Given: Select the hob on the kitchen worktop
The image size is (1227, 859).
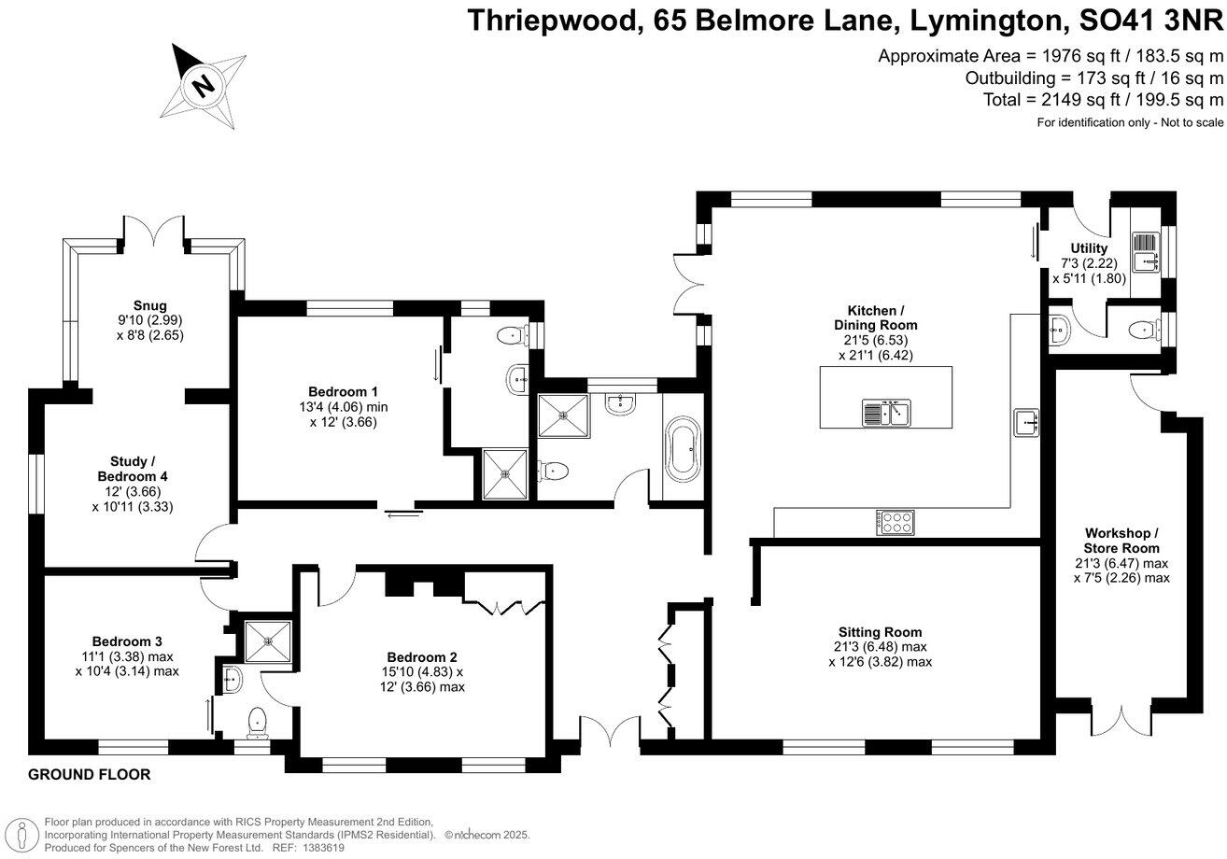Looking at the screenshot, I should pyautogui.click(x=895, y=522).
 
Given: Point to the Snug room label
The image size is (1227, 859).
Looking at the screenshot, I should pyautogui.click(x=149, y=305).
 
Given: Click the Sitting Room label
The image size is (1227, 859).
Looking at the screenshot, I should pyautogui.click(x=880, y=632).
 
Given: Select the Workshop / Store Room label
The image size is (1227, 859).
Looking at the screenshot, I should pyautogui.click(x=1121, y=540).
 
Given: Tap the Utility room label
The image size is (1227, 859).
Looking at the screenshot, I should pyautogui.click(x=1089, y=248).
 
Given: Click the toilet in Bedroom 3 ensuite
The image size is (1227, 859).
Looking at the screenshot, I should pyautogui.click(x=256, y=720).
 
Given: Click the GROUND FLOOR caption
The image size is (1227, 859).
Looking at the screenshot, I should pyautogui.click(x=90, y=775).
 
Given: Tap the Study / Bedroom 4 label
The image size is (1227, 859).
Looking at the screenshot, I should pyautogui.click(x=133, y=469).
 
